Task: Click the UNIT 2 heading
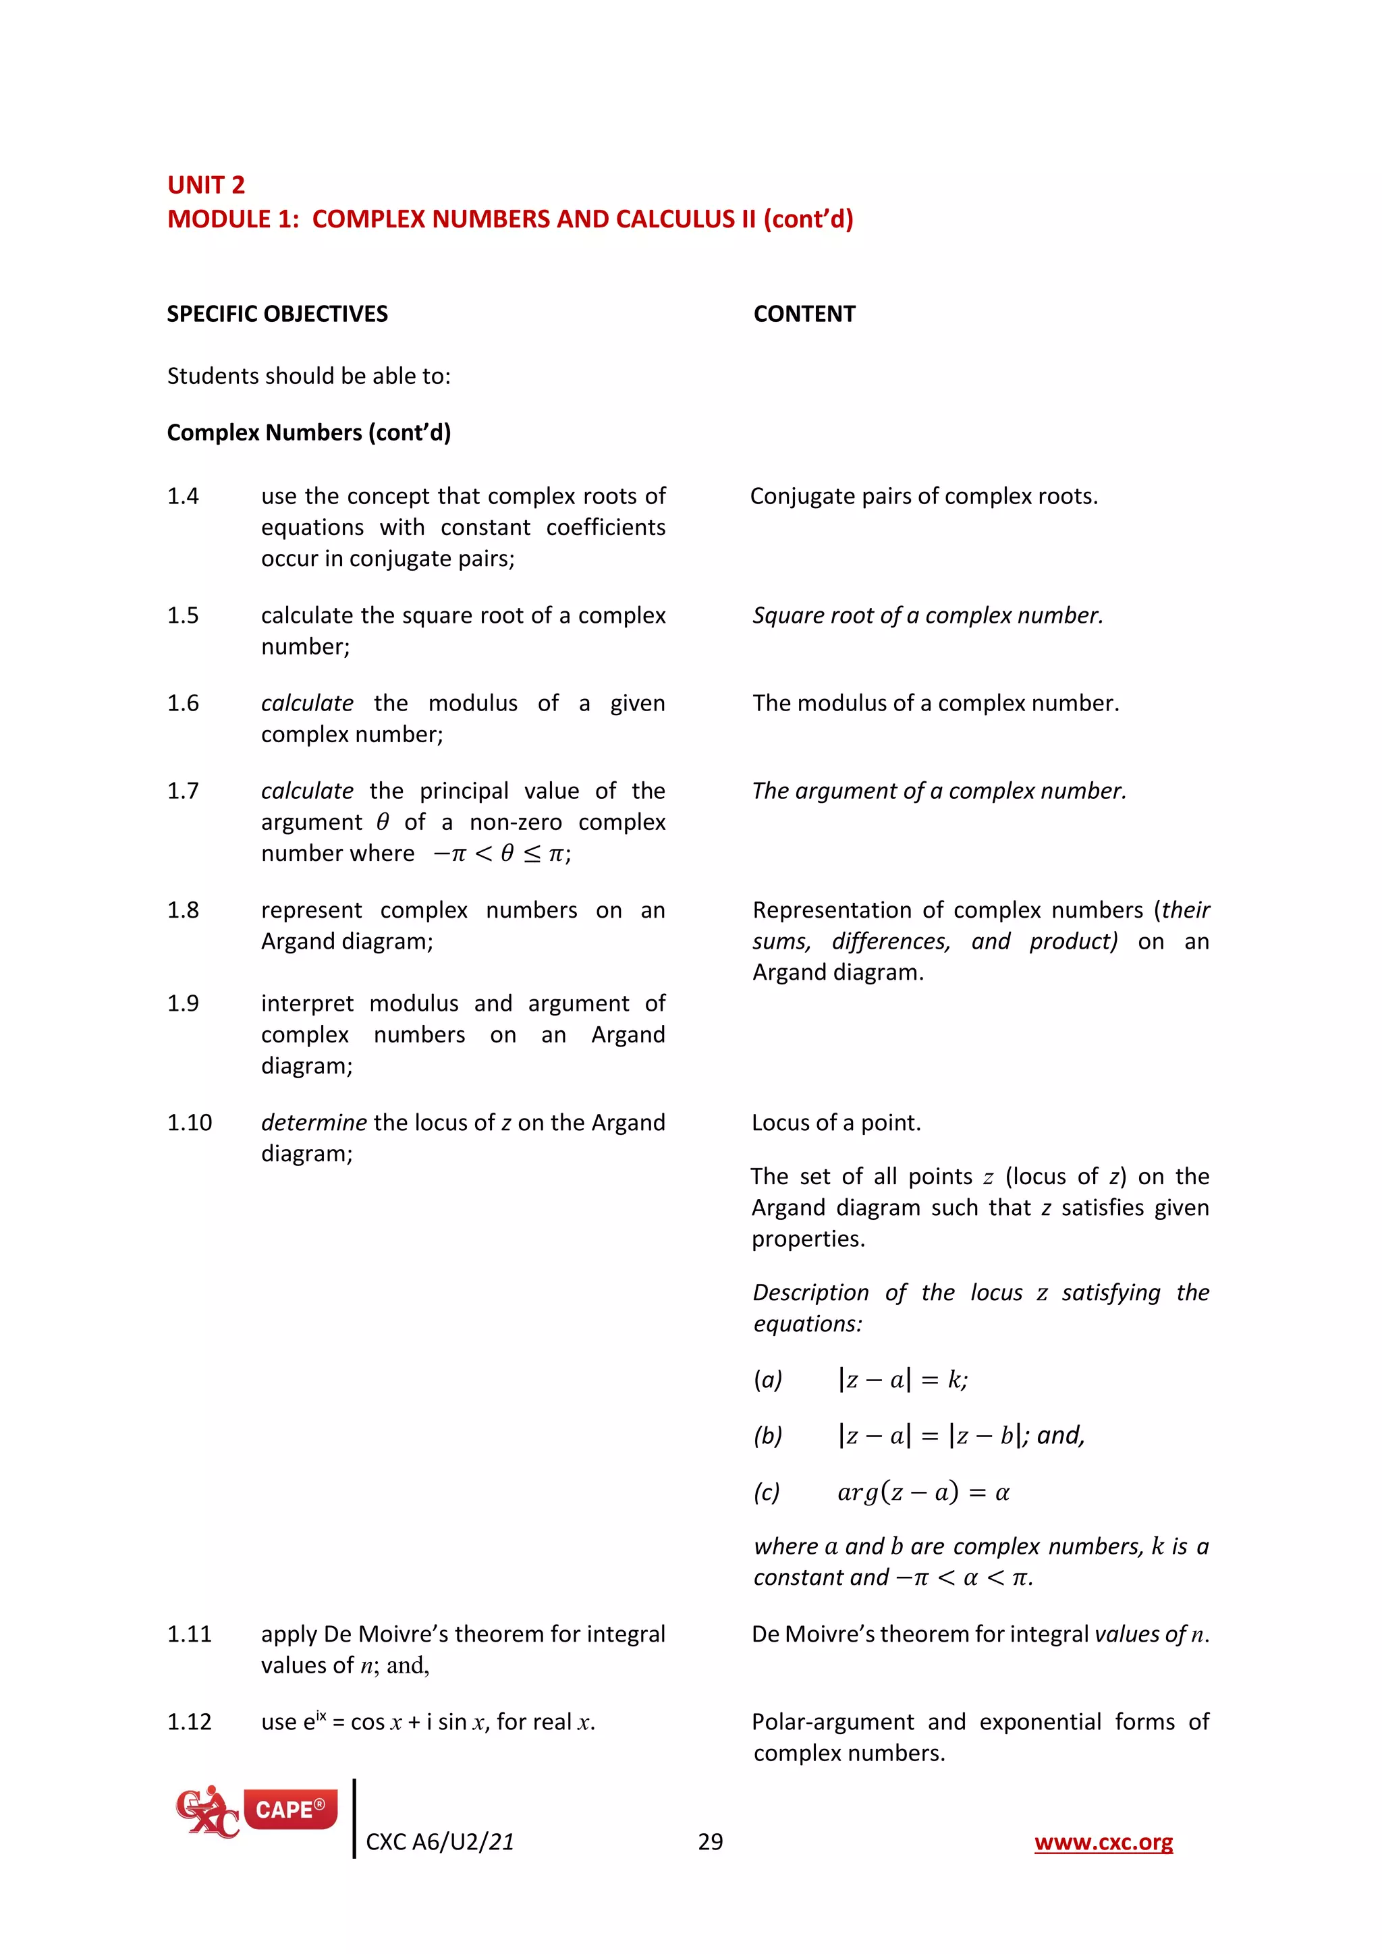point(206,185)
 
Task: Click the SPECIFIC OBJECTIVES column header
point(277,314)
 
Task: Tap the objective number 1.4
point(182,496)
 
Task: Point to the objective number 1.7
point(182,791)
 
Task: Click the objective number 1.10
point(189,1123)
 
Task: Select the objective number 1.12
point(189,1722)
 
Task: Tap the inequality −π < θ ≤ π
point(501,854)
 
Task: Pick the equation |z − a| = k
point(902,1380)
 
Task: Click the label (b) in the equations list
point(767,1436)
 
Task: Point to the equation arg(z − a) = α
point(922,1492)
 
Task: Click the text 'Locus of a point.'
point(835,1123)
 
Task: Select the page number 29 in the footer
point(710,1842)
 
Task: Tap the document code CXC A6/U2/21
point(439,1842)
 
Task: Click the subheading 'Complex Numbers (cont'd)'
point(308,432)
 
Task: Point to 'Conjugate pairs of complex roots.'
point(923,496)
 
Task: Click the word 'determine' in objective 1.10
point(313,1123)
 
